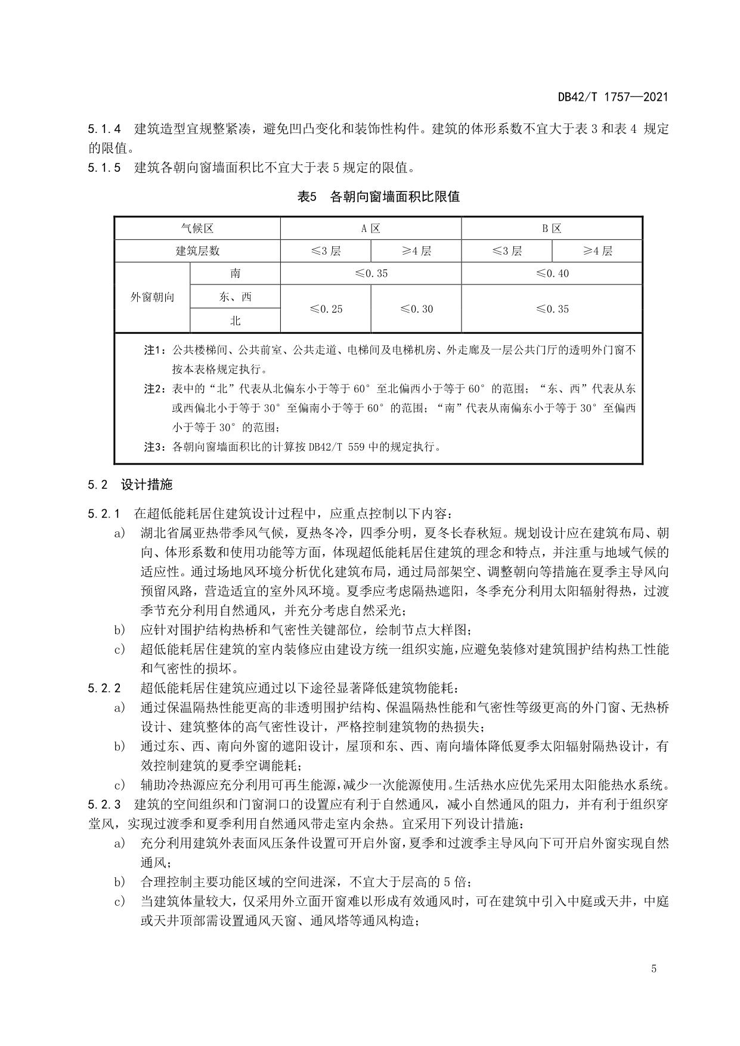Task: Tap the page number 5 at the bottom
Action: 654,968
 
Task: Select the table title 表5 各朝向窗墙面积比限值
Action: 378,197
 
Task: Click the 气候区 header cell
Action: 197,228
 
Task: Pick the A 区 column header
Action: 370,228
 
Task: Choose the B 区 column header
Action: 552,228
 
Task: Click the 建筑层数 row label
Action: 197,251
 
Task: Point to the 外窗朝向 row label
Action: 152,297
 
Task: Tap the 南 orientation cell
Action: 235,273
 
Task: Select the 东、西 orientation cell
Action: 235,296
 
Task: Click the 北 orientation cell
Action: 235,320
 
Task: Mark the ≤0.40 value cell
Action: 552,273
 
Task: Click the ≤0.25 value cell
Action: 326,309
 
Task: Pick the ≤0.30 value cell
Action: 416,309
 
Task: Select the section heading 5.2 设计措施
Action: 130,484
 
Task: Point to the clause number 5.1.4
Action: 104,128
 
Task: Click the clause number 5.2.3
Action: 104,804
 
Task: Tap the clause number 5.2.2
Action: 104,688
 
